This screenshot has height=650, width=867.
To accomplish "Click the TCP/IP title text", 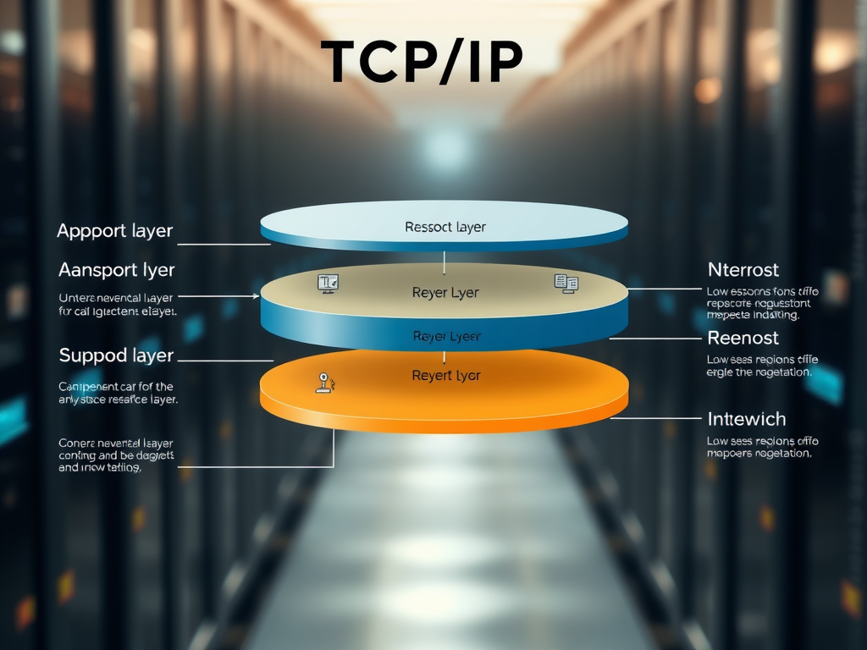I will [x=422, y=63].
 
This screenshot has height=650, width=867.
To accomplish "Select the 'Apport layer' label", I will [x=114, y=230].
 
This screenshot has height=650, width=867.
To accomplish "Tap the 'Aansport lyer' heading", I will [x=117, y=270].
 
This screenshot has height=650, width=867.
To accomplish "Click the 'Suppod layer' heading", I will [x=116, y=355].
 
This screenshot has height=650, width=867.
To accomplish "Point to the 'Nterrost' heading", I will [x=743, y=270].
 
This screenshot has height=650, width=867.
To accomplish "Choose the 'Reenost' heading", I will [x=743, y=338].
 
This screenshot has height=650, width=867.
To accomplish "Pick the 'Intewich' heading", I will [x=746, y=419].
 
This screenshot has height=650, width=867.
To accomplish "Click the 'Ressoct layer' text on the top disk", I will [x=445, y=227].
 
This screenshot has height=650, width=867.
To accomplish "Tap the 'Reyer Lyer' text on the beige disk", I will [x=445, y=293].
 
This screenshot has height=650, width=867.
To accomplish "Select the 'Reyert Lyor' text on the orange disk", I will [x=445, y=375].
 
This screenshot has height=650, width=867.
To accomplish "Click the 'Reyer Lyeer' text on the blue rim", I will [x=446, y=336].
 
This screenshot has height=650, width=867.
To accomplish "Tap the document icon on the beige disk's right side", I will [x=565, y=284].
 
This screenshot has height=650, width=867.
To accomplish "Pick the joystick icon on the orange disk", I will [x=324, y=383].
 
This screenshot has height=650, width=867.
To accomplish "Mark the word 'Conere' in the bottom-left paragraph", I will [x=77, y=443].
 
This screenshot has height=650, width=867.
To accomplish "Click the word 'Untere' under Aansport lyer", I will [x=77, y=298].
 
